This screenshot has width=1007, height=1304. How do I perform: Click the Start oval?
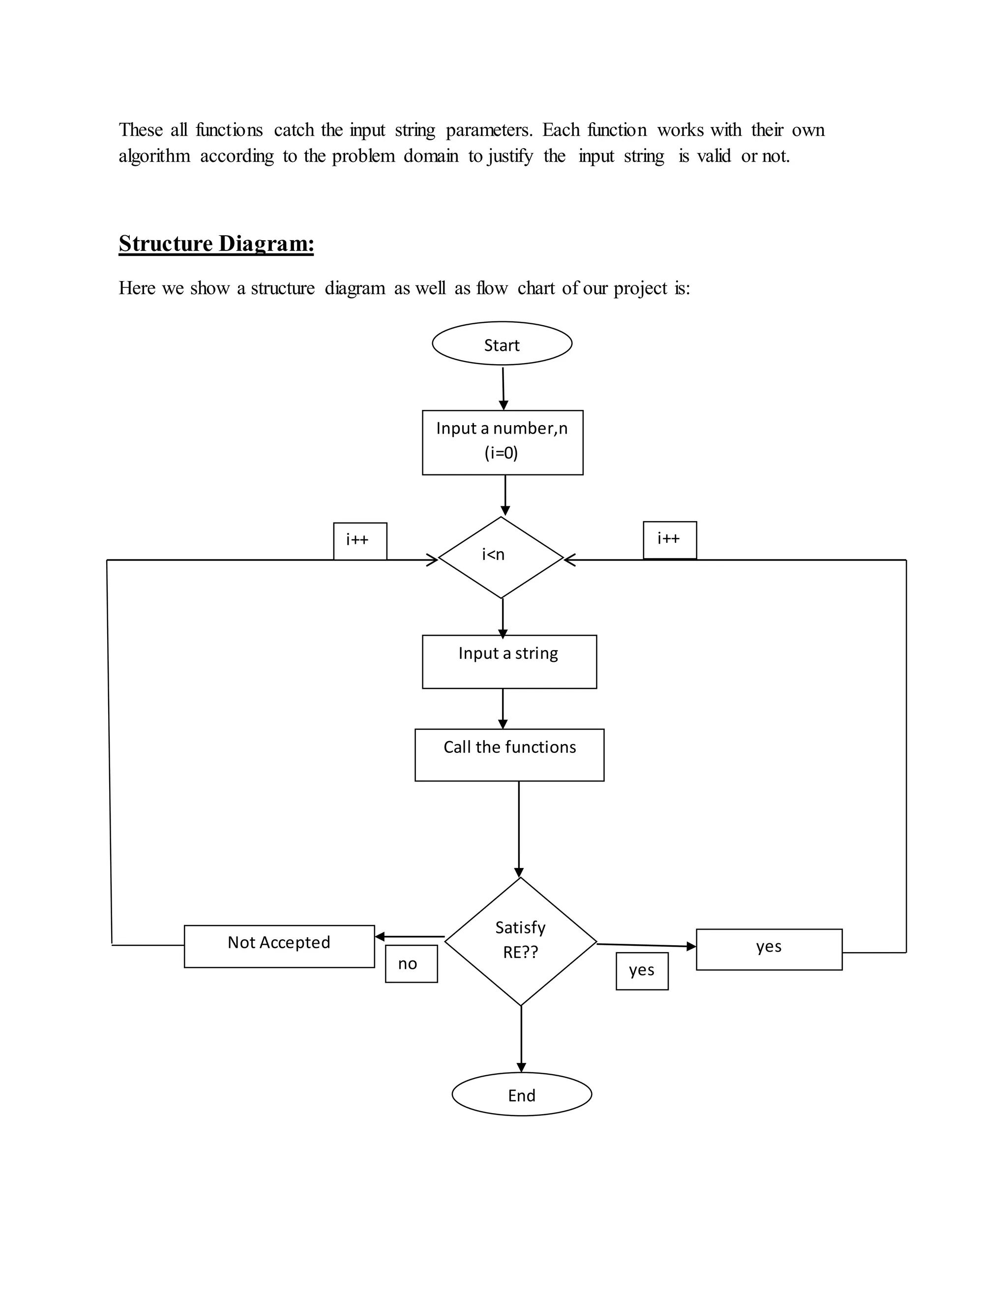(502, 343)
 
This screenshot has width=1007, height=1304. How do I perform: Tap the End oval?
(521, 1094)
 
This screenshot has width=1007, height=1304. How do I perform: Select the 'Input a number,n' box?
(503, 442)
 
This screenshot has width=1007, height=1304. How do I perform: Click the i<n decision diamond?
(501, 557)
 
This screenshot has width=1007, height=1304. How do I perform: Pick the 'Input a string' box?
(509, 661)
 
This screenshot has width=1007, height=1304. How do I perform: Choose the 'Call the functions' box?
(509, 755)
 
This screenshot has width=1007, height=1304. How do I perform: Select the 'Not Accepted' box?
(279, 946)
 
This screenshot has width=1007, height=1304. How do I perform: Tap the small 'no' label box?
(411, 963)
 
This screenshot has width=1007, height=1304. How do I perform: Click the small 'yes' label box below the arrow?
(642, 971)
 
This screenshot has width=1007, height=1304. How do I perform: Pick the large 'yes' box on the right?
(769, 949)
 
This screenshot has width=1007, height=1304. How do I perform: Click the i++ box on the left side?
(360, 540)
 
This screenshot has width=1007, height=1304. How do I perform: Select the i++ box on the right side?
(669, 540)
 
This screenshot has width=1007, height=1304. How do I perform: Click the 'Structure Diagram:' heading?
(216, 244)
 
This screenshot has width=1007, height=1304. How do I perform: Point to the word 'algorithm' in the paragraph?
(154, 156)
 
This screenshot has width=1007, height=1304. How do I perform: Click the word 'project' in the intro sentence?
(640, 288)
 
